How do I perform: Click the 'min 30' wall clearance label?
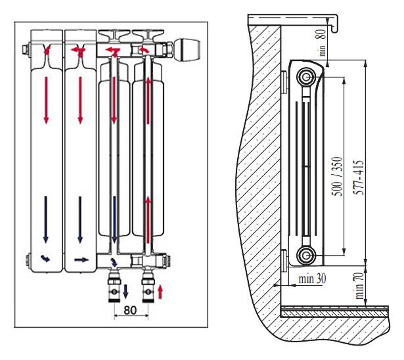coord(311,279)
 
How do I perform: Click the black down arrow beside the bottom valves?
coord(127,290)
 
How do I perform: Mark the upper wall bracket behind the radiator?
coord(284,81)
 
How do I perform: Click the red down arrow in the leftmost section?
coord(46,99)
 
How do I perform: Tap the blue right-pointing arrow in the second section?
coord(81,259)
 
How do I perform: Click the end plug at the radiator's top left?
coord(25,49)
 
